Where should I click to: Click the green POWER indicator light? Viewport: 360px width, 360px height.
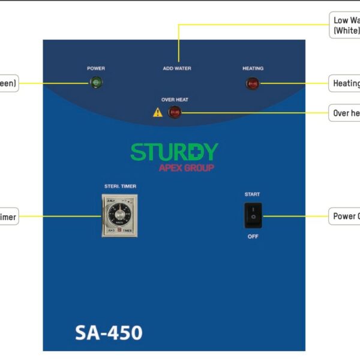point(95,83)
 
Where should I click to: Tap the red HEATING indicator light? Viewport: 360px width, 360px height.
point(253,83)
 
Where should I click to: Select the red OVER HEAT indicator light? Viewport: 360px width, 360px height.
point(175,112)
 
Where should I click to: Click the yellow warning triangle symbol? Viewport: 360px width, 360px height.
point(157,112)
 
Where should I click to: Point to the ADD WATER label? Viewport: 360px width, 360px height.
point(177,68)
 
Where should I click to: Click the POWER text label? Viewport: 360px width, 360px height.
point(95,68)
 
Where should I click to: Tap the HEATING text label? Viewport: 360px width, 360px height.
point(253,68)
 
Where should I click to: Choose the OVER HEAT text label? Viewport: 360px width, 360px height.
point(175,100)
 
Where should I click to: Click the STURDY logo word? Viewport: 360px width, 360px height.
point(174,152)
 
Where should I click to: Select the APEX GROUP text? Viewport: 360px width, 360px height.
point(187,168)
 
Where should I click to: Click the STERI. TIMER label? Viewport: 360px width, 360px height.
point(120,187)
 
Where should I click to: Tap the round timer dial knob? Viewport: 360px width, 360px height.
point(120,214)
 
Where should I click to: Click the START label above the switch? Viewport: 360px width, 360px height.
point(252,194)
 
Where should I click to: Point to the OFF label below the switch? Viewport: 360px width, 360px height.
point(253,236)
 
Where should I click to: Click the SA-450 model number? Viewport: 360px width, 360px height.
point(109,332)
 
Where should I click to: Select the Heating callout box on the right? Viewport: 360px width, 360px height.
point(345,83)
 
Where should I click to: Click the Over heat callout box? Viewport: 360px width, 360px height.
point(346,113)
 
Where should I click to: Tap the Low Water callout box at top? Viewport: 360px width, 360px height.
point(346,25)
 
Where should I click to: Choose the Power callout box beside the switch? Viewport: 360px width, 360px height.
point(345,216)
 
